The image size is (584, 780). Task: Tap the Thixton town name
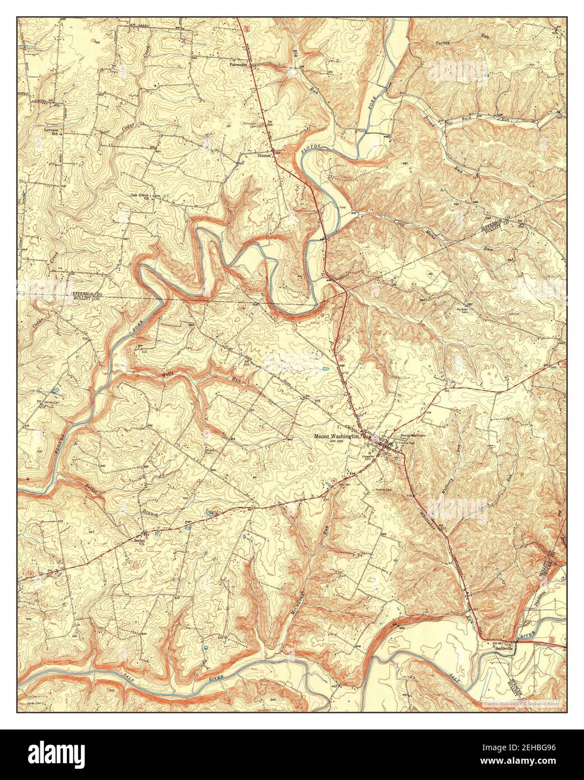(264, 155)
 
